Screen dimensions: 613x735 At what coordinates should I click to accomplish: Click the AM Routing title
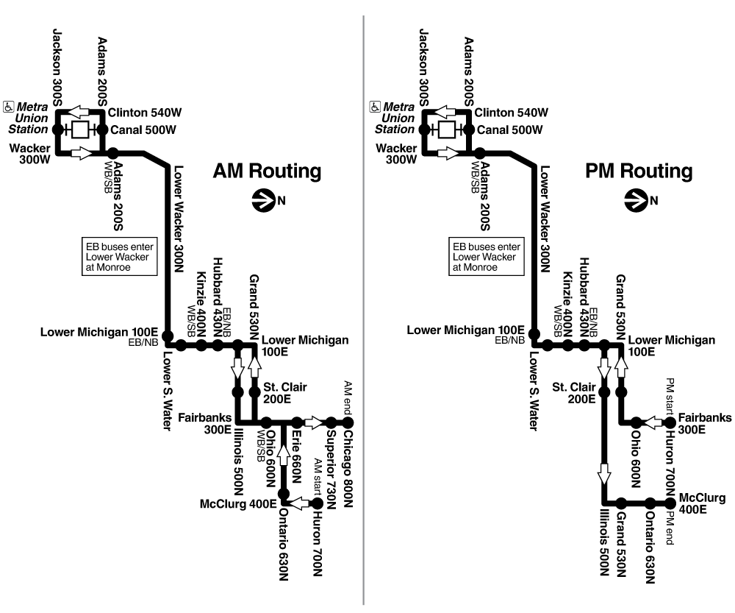[267, 171]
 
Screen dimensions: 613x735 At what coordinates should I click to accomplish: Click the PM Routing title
[639, 171]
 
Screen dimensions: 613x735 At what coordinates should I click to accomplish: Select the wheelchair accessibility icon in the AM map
[10, 107]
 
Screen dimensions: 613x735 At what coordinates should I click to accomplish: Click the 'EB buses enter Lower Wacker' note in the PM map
[487, 257]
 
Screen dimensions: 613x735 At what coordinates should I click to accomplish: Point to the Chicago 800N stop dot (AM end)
[348, 422]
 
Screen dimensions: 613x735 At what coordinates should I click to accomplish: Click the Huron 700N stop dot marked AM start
[318, 503]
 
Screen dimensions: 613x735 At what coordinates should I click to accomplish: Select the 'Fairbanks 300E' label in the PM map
[705, 423]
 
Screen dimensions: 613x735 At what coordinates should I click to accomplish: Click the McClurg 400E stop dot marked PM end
[670, 503]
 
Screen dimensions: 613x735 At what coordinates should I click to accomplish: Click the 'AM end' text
[348, 398]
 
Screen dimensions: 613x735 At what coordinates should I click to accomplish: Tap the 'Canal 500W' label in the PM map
[510, 130]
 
